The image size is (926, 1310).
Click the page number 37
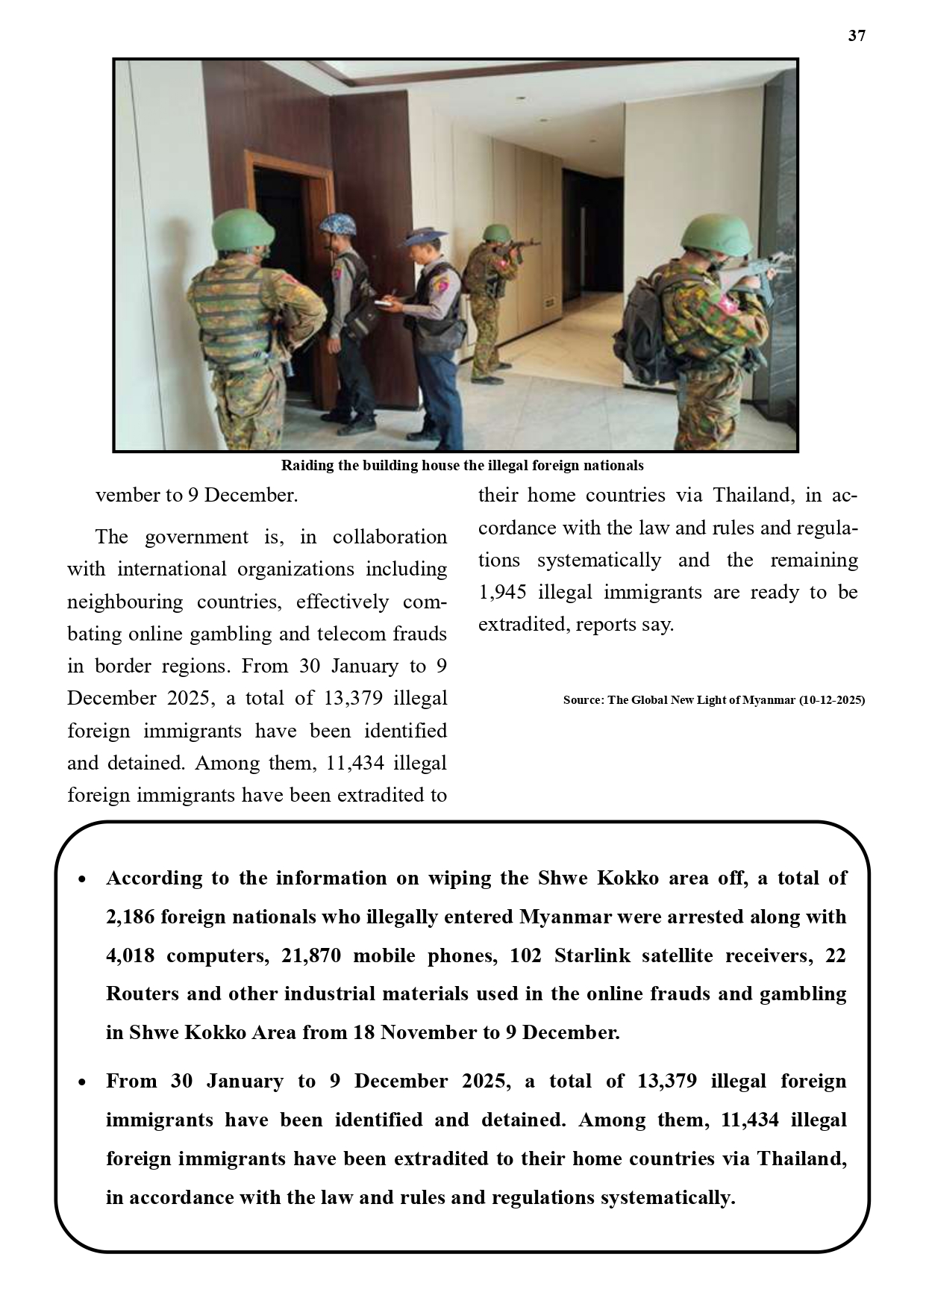click(857, 36)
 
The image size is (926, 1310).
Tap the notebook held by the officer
click(384, 302)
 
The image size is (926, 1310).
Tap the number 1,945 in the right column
click(503, 593)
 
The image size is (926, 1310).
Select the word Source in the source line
click(582, 700)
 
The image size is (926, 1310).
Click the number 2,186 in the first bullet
click(131, 917)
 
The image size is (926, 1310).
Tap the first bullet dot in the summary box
click(83, 879)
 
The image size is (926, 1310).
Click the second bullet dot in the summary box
click(83, 1082)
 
